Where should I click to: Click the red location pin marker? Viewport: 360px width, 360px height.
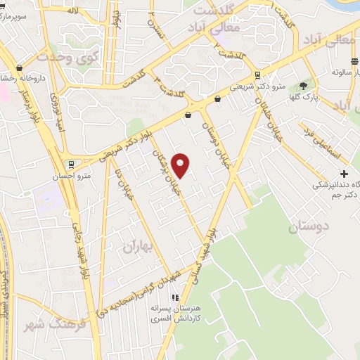[x=181, y=165]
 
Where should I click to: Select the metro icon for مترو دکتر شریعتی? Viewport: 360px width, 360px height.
[x=258, y=75]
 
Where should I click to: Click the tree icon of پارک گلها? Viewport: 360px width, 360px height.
[x=303, y=86]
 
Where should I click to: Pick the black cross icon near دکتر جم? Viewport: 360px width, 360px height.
[x=343, y=174]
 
